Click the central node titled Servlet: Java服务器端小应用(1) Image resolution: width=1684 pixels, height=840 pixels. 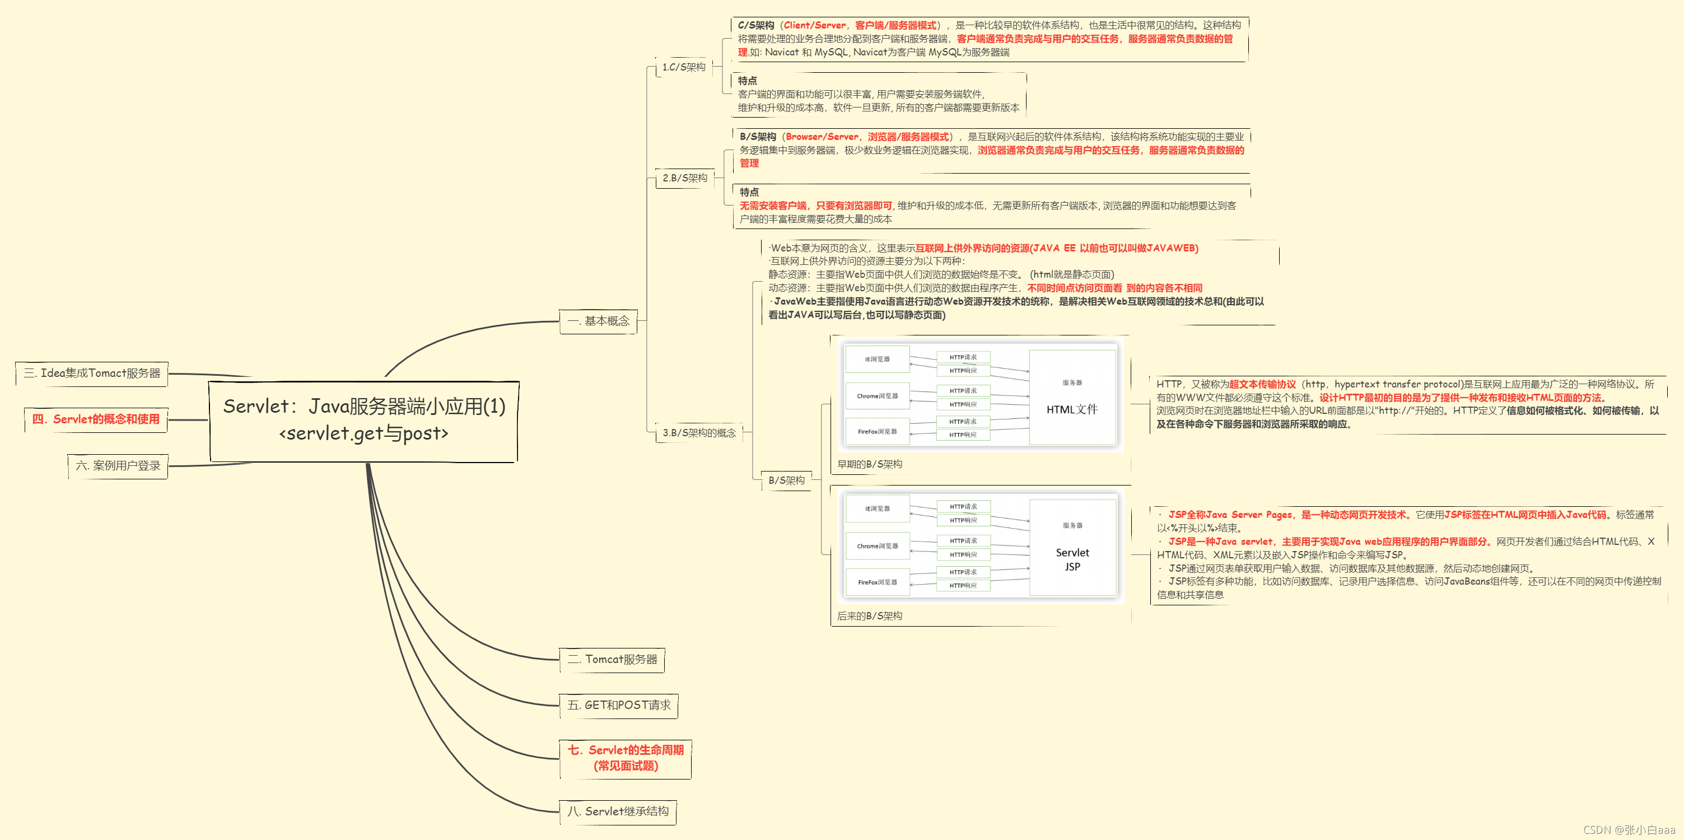coord(363,419)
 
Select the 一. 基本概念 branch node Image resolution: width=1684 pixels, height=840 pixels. coord(598,321)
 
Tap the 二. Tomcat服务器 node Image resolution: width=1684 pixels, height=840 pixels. coord(612,659)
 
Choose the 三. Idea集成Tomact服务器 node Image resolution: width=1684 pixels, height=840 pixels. coord(92,374)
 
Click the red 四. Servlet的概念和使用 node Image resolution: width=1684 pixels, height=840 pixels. coord(96,419)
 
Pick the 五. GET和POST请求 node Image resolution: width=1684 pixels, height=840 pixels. coord(618,704)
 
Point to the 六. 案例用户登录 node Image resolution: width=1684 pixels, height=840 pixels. coord(118,465)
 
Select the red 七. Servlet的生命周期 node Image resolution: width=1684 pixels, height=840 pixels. coord(626,758)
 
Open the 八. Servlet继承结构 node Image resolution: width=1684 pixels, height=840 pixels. coord(618,811)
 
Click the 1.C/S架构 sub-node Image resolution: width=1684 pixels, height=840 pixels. coord(684,67)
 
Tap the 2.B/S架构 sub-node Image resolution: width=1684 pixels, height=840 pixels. coord(684,178)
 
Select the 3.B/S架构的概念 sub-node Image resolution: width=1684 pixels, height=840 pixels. coord(699,433)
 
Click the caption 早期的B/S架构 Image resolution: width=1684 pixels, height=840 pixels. coord(870,464)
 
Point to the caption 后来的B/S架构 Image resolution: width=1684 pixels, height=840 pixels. coord(870,616)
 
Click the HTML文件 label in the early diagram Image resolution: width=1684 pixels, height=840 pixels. coord(1072,410)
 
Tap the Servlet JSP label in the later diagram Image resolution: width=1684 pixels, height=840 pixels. coord(1072,559)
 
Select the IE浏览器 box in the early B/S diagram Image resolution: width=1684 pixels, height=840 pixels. coord(878,359)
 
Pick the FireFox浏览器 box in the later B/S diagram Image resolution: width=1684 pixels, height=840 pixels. coord(878,582)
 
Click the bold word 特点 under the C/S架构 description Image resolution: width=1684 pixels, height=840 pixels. coord(747,81)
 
